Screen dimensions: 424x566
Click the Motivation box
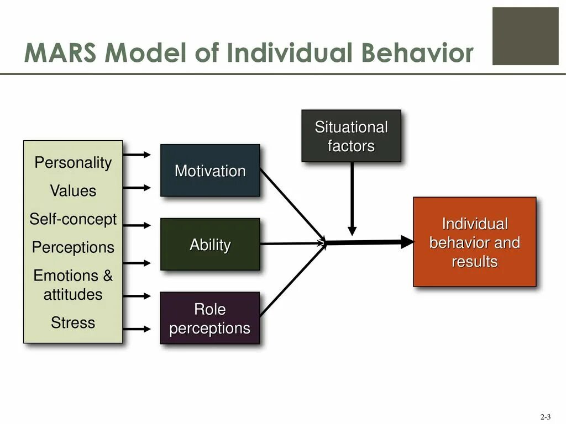point(210,171)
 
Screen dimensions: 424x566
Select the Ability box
point(210,245)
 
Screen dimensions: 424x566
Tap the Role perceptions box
point(210,318)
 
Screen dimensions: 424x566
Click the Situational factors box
point(351,136)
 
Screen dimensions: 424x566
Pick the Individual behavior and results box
point(475,242)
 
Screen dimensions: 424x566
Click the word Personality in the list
point(73,163)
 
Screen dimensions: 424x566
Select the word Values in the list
point(73,191)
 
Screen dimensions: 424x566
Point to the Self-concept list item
point(73,219)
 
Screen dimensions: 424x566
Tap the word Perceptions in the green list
point(73,247)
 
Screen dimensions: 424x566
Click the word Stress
point(73,322)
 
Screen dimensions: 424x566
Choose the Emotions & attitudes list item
point(73,285)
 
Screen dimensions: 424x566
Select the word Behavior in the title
point(418,54)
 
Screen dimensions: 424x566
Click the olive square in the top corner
point(525,36)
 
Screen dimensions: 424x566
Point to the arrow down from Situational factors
point(352,199)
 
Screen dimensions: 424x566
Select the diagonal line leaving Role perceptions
point(292,280)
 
